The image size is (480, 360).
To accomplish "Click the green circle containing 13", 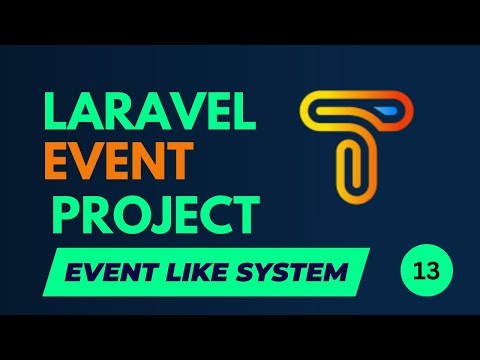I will click(x=426, y=272).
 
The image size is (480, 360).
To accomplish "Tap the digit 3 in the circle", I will click(x=432, y=272).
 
